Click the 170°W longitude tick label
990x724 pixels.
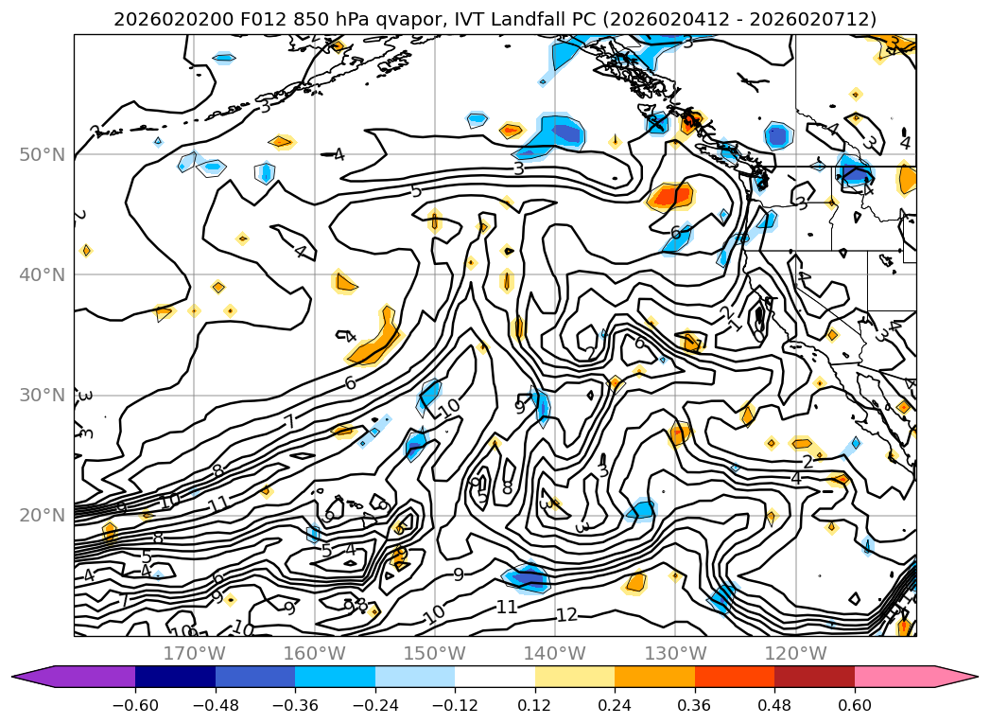[x=194, y=653]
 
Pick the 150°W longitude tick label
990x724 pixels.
[x=434, y=653]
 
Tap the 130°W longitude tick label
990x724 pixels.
[x=674, y=653]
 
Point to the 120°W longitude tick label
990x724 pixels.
[x=794, y=653]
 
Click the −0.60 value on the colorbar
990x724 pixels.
[x=135, y=706]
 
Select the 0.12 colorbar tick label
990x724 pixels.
[x=535, y=706]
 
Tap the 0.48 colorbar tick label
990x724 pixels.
[x=774, y=706]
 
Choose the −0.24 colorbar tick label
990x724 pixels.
[x=375, y=706]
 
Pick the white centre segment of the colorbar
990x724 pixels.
[x=495, y=677]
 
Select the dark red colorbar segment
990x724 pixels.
[x=814, y=677]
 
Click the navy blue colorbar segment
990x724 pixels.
[x=175, y=677]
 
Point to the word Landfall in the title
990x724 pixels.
[x=491, y=19]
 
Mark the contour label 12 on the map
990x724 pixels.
[x=565, y=615]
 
